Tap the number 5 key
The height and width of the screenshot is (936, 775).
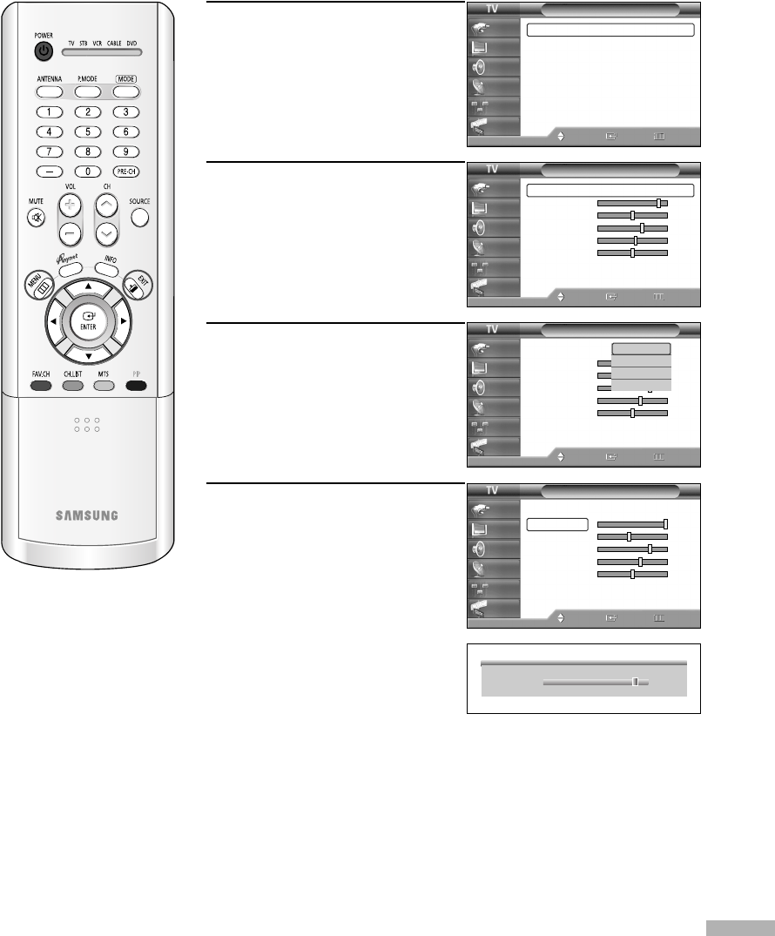pyautogui.click(x=88, y=131)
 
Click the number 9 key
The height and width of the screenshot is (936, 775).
pyautogui.click(x=126, y=152)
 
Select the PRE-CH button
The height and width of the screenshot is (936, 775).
pyautogui.click(x=126, y=172)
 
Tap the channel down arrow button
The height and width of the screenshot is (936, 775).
pyautogui.click(x=105, y=232)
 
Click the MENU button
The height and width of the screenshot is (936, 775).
pyautogui.click(x=39, y=287)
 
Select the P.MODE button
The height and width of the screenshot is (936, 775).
pyautogui.click(x=88, y=91)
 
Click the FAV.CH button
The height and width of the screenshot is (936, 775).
pyautogui.click(x=40, y=385)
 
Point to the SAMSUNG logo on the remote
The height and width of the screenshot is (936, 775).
pyautogui.click(x=87, y=515)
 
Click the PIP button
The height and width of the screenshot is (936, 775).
pyautogui.click(x=136, y=385)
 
